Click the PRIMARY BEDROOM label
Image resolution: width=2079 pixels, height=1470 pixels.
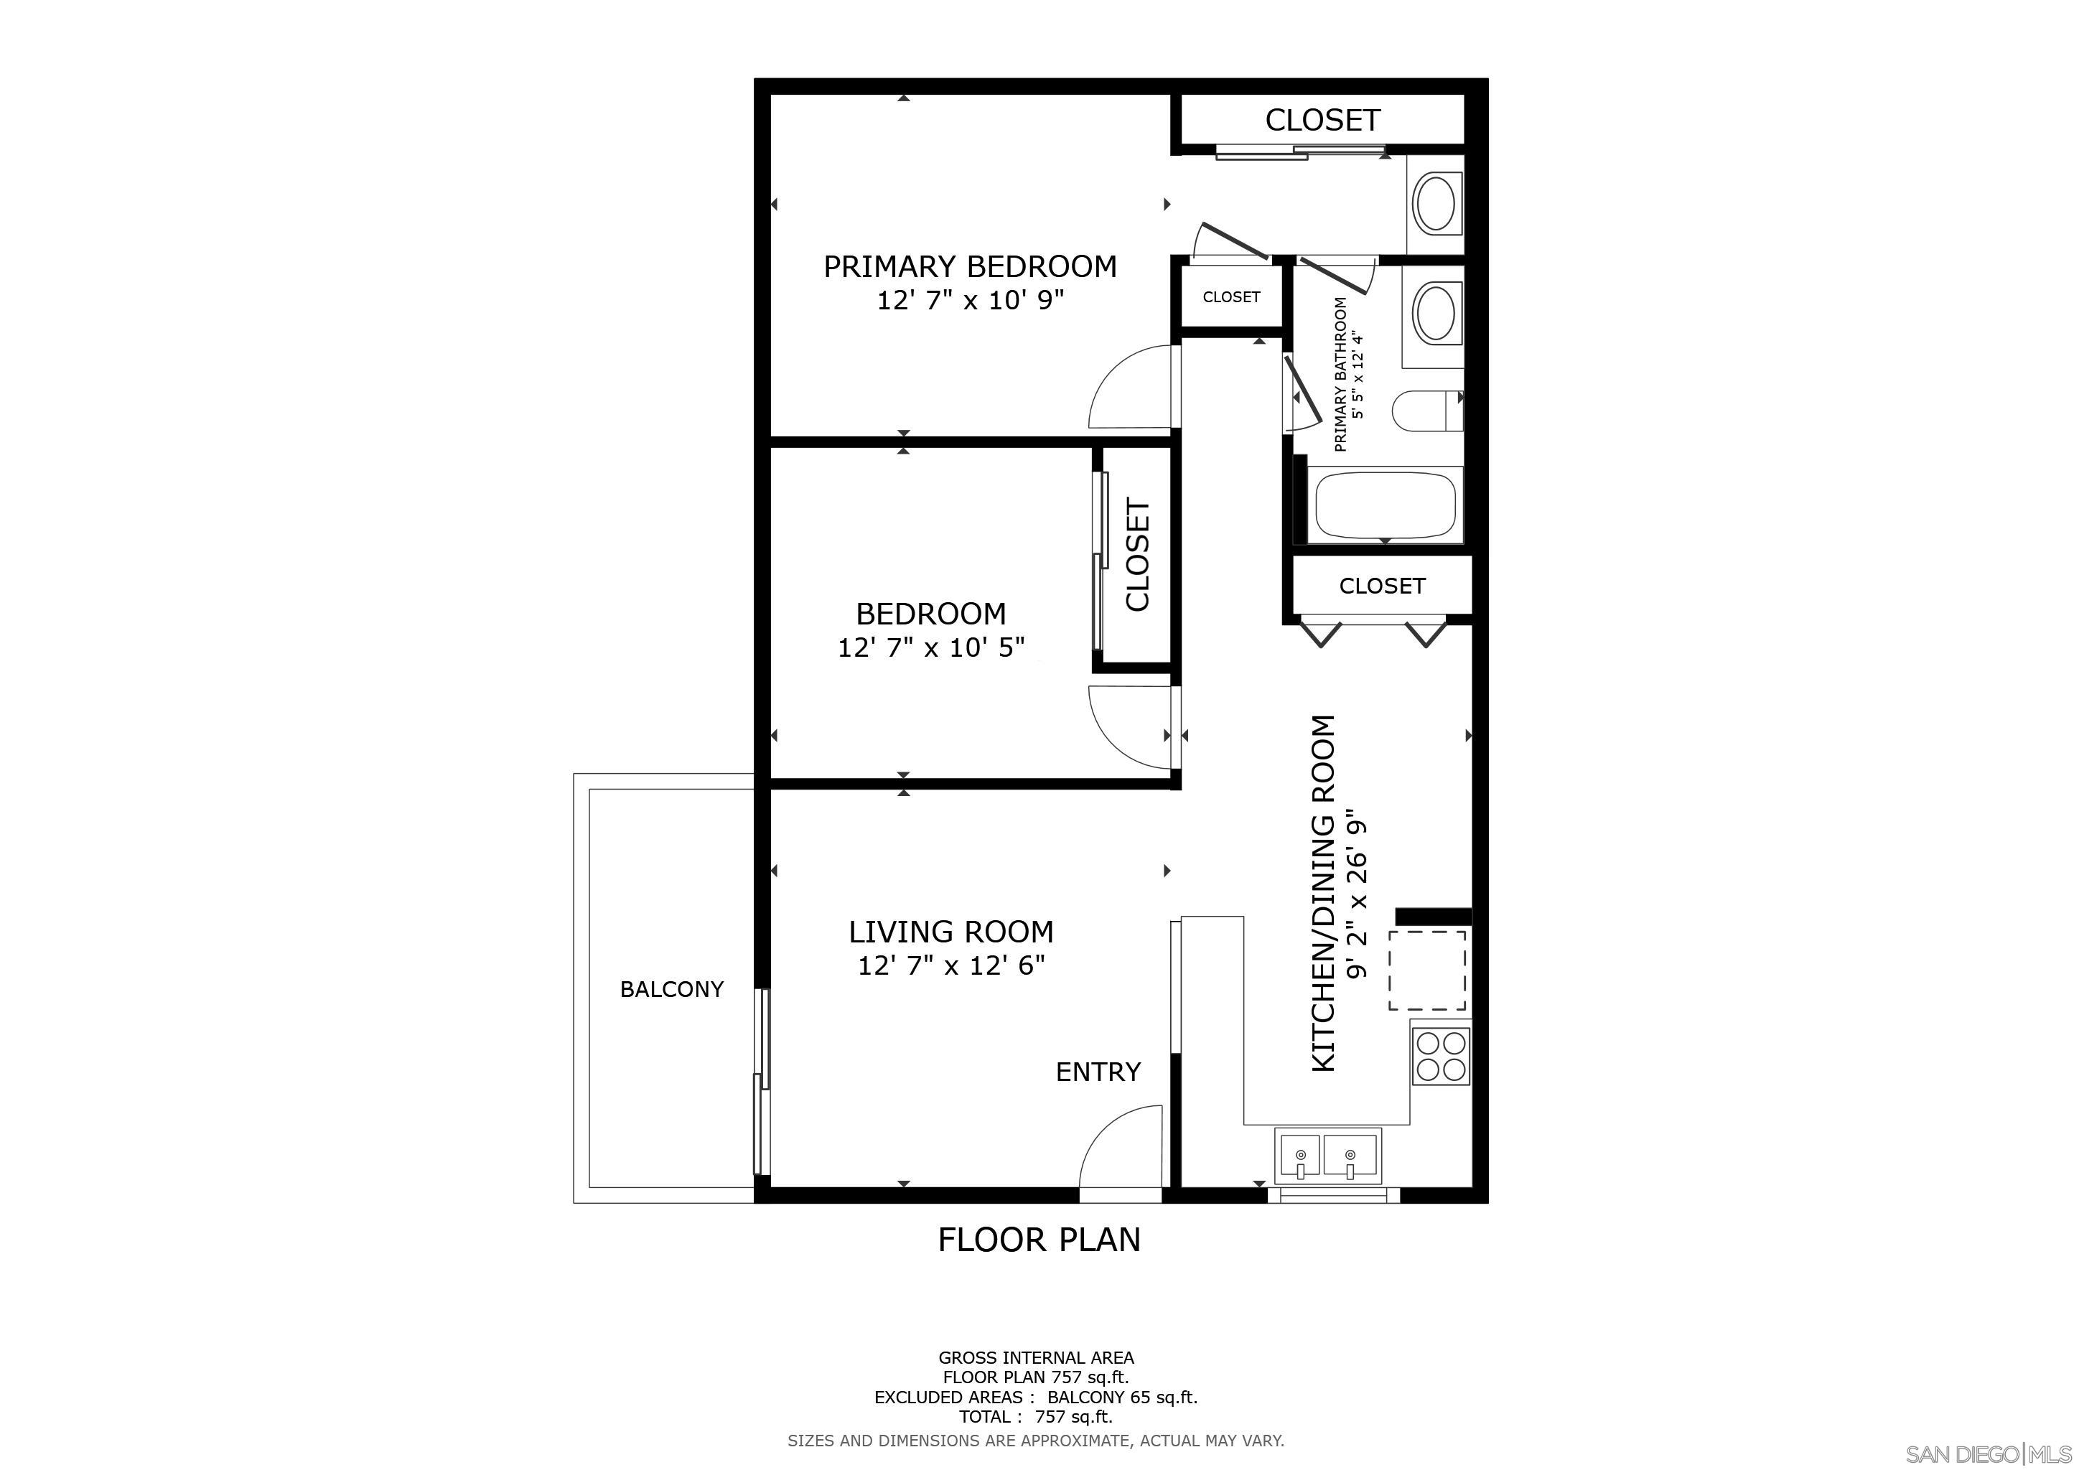click(969, 266)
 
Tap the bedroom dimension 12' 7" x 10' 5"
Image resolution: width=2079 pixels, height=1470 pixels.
click(931, 647)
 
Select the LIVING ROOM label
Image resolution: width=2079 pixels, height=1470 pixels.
click(950, 932)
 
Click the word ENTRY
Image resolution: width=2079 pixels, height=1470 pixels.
click(1098, 1072)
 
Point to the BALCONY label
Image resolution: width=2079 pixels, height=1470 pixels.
click(671, 989)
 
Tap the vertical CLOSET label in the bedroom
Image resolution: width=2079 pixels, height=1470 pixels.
click(1136, 555)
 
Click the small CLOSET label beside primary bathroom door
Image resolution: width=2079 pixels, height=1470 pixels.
click(1230, 297)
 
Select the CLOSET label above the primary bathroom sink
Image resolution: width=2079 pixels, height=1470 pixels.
click(1322, 119)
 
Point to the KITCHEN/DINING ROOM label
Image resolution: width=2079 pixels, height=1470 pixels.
click(1324, 894)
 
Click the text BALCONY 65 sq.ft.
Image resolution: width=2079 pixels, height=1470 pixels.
click(1122, 1398)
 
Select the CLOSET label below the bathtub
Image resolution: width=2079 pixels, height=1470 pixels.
click(1382, 586)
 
